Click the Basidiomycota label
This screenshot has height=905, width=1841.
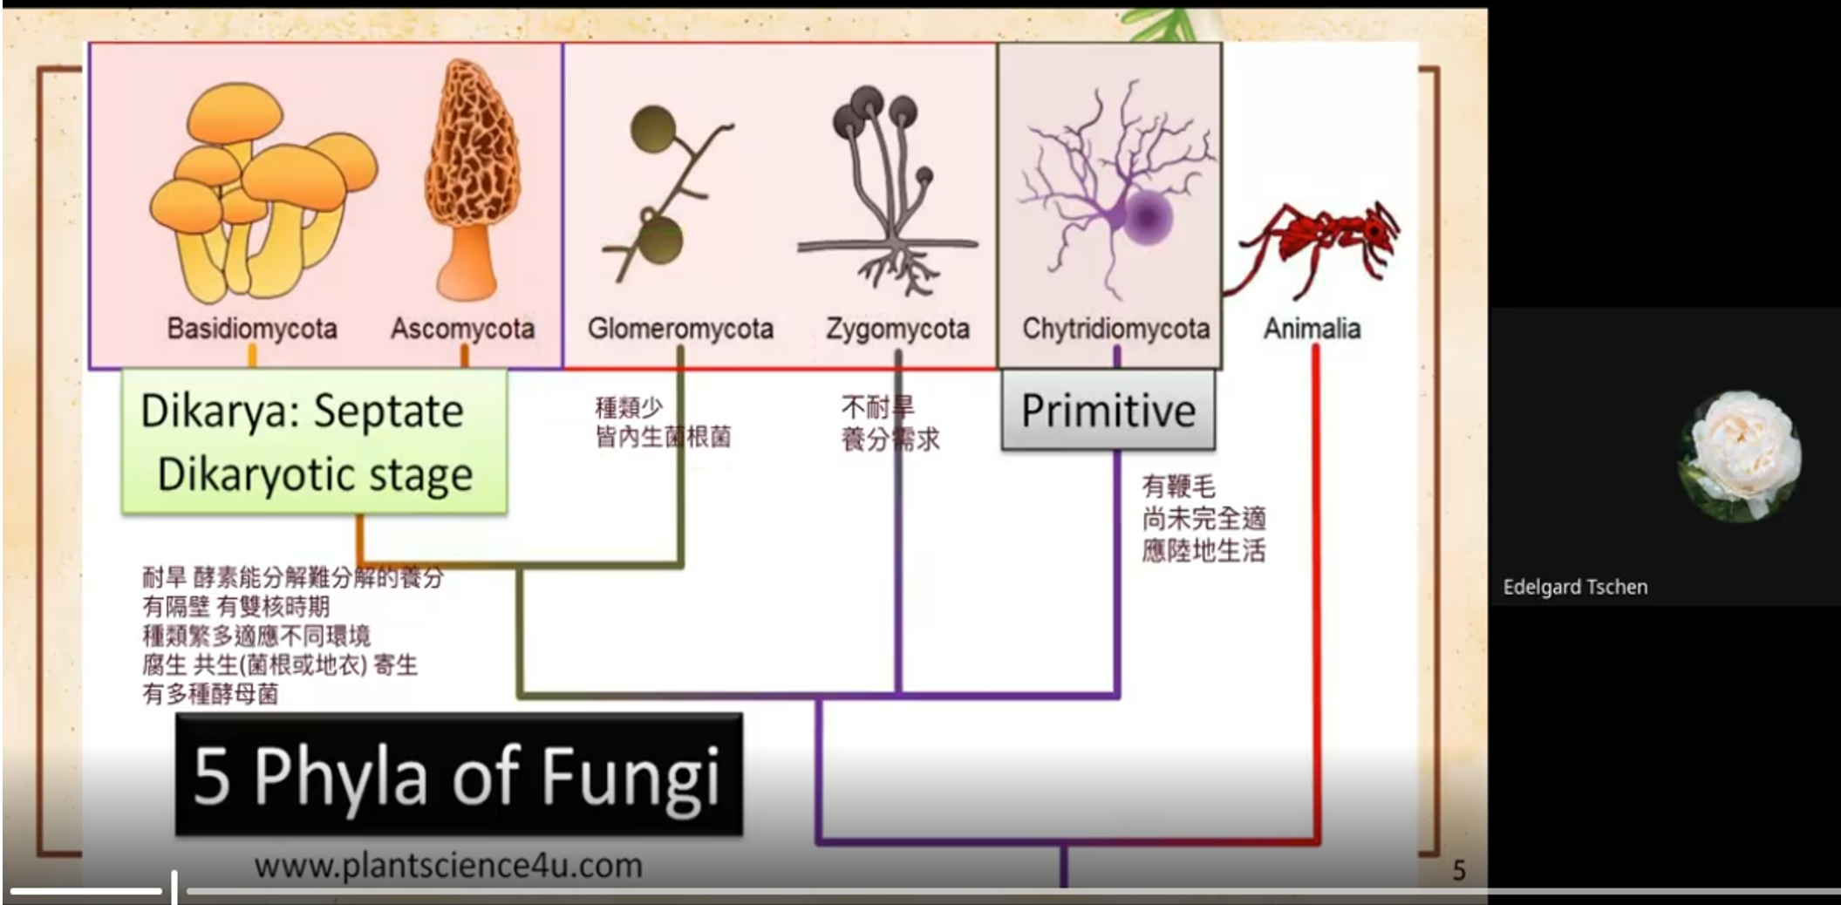(x=252, y=329)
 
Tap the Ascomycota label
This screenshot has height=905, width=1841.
(x=462, y=329)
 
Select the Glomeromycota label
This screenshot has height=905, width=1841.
(x=680, y=329)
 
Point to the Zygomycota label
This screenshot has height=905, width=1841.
(x=897, y=329)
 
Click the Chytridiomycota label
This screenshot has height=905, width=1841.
(x=1115, y=329)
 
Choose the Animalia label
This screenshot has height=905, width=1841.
(x=1312, y=329)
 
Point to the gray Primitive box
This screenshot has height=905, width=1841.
(x=1108, y=410)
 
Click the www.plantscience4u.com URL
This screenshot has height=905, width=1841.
(x=448, y=866)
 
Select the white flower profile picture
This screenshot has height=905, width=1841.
(x=1740, y=456)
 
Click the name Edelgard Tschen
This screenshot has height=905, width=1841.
(x=1575, y=587)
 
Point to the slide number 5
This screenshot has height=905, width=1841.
(x=1459, y=870)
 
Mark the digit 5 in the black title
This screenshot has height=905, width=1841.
(x=212, y=775)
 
